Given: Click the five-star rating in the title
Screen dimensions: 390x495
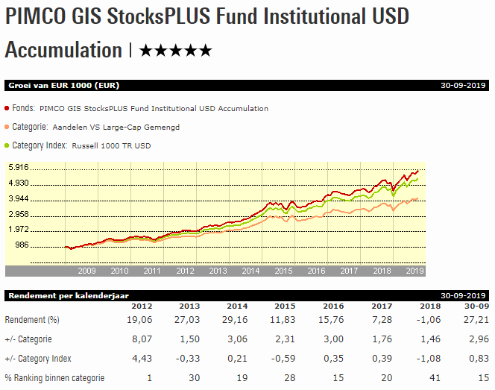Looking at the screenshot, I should [x=176, y=51].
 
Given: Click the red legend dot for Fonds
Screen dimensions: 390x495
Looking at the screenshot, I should [x=7, y=108].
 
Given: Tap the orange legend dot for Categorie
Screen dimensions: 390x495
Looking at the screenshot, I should [x=7, y=127].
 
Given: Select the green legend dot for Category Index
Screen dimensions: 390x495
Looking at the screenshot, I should [x=7, y=145].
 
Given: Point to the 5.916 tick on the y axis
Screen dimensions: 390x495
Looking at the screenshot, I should [x=17, y=167].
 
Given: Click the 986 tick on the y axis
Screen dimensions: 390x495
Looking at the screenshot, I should [x=21, y=245].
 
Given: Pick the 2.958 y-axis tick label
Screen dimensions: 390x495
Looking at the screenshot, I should [x=17, y=214].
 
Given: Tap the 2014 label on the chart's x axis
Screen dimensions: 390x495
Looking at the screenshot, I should [x=251, y=271].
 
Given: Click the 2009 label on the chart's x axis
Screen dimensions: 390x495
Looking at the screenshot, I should [x=86, y=271].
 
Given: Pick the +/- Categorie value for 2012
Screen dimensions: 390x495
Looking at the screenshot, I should [x=141, y=339].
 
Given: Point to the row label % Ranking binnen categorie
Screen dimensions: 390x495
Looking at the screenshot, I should [x=55, y=377].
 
